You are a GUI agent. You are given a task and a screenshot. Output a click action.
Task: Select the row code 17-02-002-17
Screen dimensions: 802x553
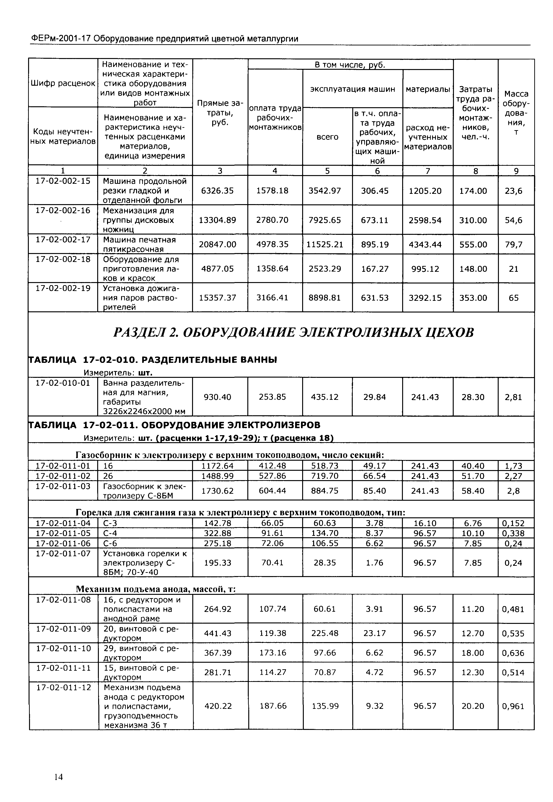pos(63,240)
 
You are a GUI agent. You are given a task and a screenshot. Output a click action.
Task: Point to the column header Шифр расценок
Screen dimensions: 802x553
pos(63,83)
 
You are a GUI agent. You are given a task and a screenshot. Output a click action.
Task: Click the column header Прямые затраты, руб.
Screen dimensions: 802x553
pos(220,113)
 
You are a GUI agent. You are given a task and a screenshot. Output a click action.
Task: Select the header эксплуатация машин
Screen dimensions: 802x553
pos(352,89)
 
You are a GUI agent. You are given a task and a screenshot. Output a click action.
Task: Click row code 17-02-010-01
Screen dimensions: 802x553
pos(63,383)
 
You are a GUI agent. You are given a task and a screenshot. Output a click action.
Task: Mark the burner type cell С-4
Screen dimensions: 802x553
pos(110,533)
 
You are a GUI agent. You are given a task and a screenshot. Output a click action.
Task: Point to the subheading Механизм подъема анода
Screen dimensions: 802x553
pos(156,589)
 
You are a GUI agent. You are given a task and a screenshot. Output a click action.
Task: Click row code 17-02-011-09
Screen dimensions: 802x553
pos(63,629)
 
